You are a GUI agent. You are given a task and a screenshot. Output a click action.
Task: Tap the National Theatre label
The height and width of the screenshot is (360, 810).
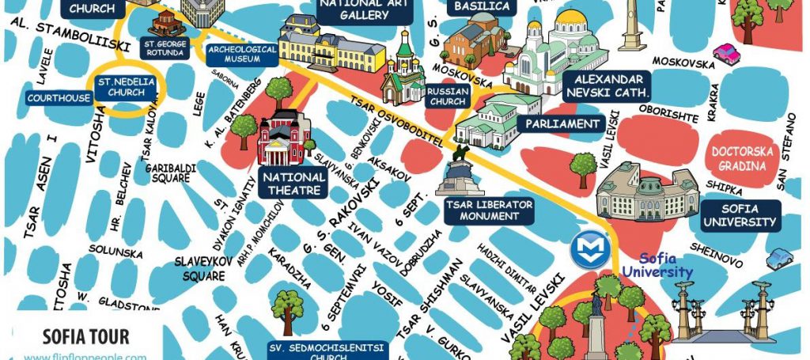click(293, 183)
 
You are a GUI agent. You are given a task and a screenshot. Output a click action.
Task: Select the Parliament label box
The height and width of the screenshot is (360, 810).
click(563, 124)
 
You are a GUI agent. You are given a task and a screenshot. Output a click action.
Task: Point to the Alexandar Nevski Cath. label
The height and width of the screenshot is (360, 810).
click(607, 86)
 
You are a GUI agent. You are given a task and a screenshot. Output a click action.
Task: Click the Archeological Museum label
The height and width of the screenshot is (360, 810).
click(243, 54)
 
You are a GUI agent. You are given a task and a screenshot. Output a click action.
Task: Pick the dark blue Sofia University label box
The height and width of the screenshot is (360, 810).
click(740, 216)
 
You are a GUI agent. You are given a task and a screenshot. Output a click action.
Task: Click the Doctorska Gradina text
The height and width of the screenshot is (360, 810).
click(738, 159)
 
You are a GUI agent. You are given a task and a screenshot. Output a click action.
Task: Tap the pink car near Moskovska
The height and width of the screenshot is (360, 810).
click(725, 54)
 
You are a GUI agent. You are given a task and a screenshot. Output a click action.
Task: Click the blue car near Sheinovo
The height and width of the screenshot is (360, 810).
click(780, 258)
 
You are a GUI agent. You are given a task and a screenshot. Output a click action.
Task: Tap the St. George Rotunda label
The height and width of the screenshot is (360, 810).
click(165, 48)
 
